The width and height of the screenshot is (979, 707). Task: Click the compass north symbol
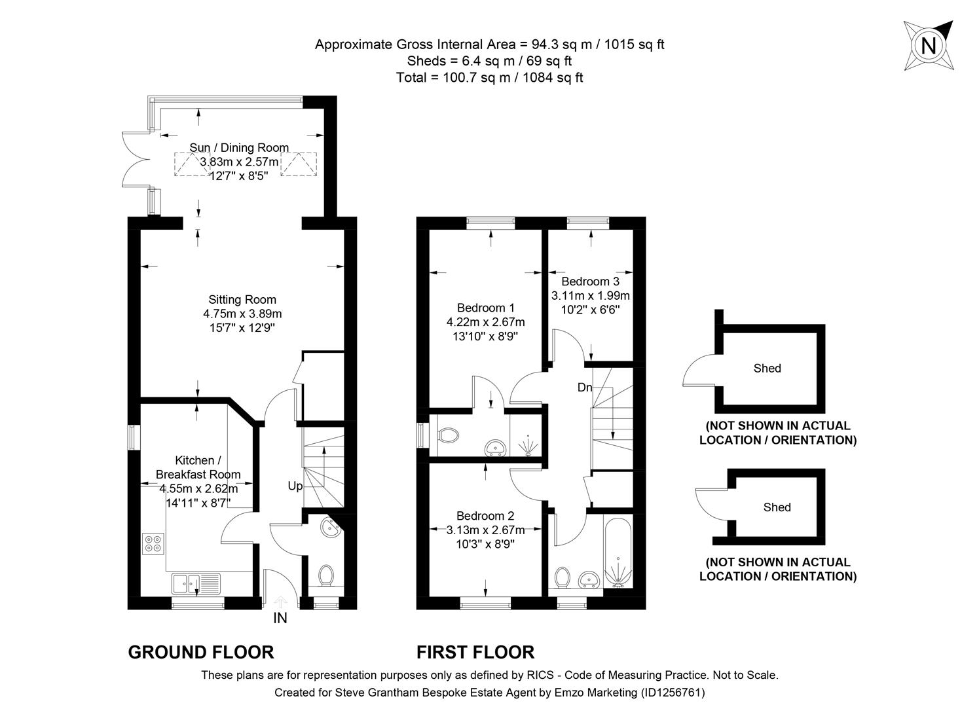928,46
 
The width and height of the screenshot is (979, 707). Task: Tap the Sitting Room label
242,300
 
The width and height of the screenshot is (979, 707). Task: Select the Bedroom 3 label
590,281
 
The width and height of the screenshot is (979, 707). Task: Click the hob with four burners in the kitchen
154,543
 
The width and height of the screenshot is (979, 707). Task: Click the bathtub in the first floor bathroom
618,552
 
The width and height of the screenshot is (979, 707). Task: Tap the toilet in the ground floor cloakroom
325,576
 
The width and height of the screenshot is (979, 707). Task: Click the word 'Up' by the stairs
295,486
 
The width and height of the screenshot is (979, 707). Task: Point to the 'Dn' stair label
584,388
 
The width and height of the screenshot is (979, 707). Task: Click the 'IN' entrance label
280,618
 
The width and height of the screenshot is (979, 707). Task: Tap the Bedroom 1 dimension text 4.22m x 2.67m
485,322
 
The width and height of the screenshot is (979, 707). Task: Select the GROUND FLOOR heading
200,652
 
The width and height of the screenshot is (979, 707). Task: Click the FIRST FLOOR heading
475,652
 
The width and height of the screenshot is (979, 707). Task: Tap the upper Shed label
767,369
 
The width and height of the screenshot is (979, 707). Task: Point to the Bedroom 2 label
485,516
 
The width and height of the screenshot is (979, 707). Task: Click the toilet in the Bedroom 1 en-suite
449,434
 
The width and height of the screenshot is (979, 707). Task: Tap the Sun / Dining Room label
239,148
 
